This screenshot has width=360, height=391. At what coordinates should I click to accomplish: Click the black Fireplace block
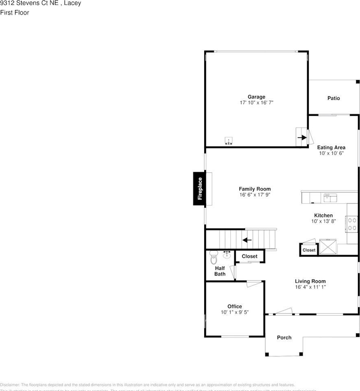[200, 189]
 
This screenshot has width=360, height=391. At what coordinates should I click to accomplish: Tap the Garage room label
[256, 97]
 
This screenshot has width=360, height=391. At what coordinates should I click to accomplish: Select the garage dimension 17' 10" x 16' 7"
[256, 103]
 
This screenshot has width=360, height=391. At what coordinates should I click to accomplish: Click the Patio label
[334, 98]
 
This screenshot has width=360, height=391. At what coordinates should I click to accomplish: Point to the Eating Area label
[332, 147]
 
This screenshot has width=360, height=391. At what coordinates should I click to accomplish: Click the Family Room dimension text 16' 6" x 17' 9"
[255, 195]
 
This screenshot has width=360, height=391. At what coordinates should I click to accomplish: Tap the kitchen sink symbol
[330, 198]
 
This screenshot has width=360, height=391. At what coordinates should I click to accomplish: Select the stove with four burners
[352, 224]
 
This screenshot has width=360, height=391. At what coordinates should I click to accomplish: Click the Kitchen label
[323, 215]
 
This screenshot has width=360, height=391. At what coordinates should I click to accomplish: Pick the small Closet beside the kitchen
[309, 250]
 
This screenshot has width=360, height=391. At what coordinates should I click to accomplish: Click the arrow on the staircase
[247, 240]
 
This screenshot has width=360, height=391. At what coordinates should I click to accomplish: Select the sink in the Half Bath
[227, 255]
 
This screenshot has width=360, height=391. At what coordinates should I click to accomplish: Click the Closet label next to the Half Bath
[249, 256]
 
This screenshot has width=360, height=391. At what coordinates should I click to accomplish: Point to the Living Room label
[310, 281]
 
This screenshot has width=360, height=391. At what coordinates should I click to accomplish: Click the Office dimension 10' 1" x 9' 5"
[235, 312]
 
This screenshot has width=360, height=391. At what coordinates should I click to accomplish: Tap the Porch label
[284, 337]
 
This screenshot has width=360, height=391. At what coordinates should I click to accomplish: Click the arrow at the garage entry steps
[302, 138]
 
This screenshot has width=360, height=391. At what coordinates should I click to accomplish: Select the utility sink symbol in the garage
[229, 141]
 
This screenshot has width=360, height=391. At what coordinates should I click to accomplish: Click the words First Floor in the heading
[15, 13]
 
